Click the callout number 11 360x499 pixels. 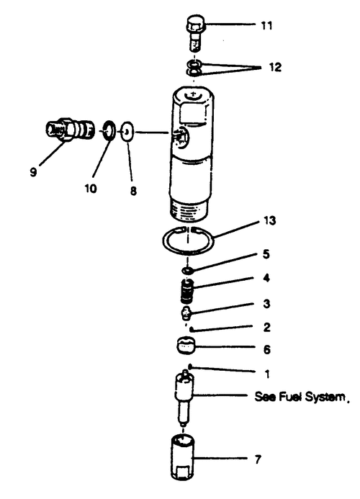point(266,25)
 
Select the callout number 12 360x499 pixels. point(275,67)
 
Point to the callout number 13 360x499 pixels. point(269,220)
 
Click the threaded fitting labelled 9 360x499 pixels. point(68,129)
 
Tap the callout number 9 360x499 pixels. point(33,172)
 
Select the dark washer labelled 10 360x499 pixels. point(109,130)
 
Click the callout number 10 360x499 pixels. point(91,189)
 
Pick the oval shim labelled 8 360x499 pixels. point(127,132)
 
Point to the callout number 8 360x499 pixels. point(133,191)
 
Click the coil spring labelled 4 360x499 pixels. point(187,291)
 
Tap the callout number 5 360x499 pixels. point(266,254)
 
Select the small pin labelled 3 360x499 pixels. point(185,313)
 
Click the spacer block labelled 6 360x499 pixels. point(186,346)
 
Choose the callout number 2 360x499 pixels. point(266,327)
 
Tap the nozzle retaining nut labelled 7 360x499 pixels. point(183,457)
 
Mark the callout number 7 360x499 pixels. point(258,459)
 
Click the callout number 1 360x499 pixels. point(266,374)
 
